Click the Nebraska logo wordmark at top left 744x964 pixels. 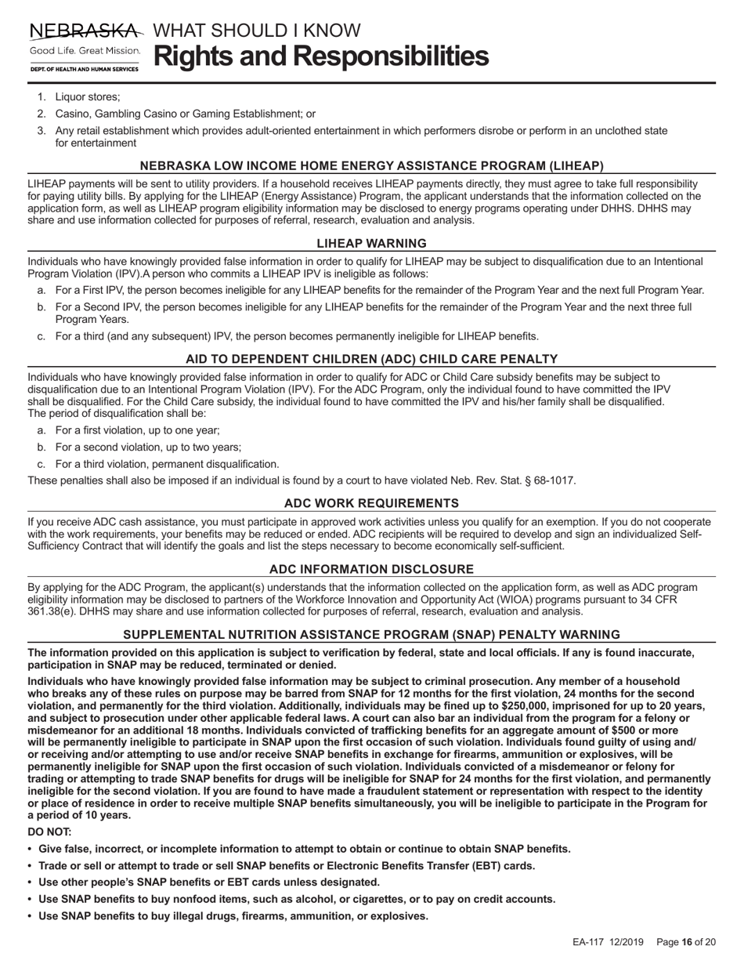coord(86,31)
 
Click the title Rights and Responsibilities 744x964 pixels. coord(321,56)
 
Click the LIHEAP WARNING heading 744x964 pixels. coord(371,244)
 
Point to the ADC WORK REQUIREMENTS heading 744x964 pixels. coord(371,503)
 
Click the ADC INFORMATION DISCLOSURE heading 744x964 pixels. coord(371,569)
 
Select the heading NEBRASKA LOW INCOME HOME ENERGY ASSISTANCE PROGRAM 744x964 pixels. coord(371,166)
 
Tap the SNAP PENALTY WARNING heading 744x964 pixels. coord(371,635)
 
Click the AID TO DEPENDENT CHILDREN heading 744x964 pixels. coord(371,359)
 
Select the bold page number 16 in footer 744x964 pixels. coord(688,942)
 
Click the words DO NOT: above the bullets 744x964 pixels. coord(49,832)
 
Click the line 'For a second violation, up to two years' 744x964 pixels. coord(147,448)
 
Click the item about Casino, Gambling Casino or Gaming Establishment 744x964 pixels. coord(185,114)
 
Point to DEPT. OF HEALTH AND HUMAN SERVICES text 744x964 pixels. coord(85,69)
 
